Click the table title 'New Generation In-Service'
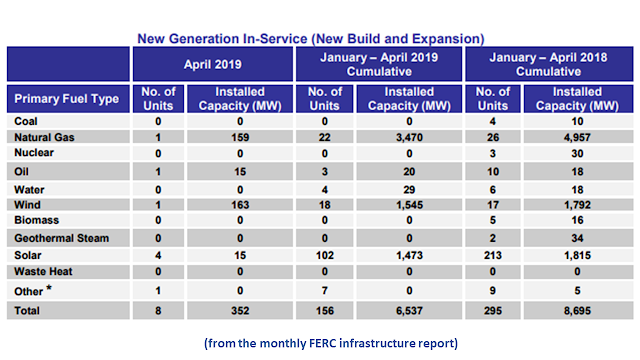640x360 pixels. [x=222, y=39]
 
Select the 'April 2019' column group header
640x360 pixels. [x=213, y=64]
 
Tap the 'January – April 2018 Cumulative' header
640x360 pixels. [x=548, y=64]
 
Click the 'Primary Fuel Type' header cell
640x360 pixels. [x=67, y=99]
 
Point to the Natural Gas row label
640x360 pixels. [x=44, y=137]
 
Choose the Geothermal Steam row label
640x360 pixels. [x=62, y=238]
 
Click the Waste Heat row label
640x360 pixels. [x=43, y=271]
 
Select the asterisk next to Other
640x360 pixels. [x=49, y=287]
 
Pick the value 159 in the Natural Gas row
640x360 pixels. [x=240, y=137]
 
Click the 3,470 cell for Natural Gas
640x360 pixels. [x=409, y=137]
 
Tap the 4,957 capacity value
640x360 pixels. [x=577, y=137]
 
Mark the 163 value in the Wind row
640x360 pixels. [x=240, y=205]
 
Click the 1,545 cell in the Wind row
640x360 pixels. [x=409, y=205]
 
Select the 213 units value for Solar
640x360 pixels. [x=493, y=256]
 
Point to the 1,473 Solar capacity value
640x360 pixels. [x=409, y=256]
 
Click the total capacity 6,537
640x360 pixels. [x=409, y=311]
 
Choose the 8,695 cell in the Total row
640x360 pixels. [x=577, y=311]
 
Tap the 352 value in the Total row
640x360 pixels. [x=240, y=311]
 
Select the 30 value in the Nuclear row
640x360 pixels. [x=577, y=153]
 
